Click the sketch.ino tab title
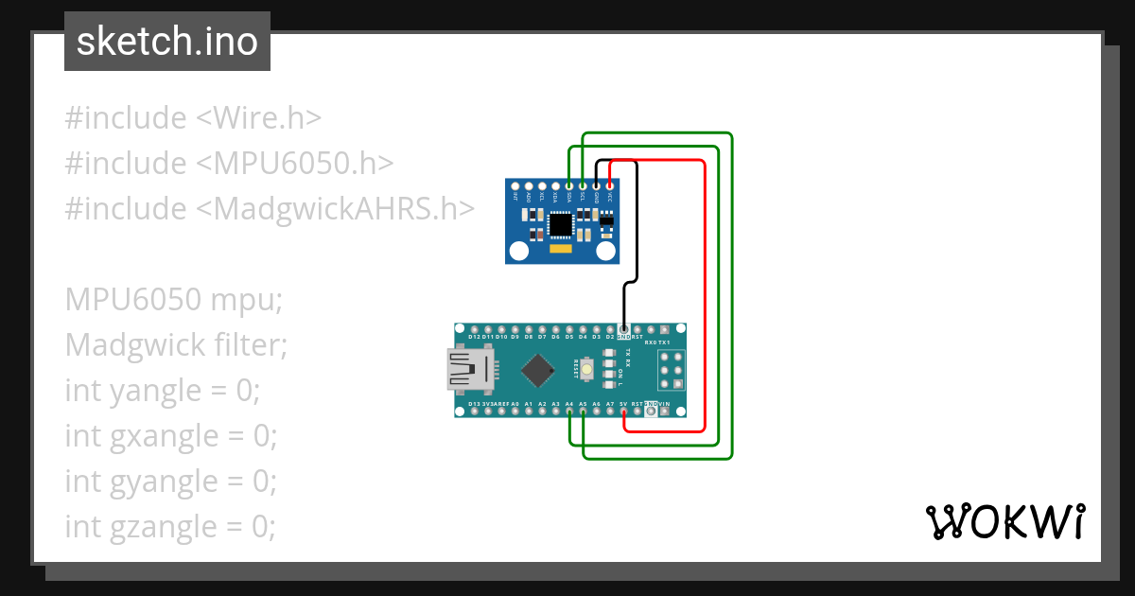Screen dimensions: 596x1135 point(167,42)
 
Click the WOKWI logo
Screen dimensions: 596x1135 point(1004,521)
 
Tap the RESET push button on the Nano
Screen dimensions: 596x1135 point(587,369)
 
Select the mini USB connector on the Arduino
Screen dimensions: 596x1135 point(470,370)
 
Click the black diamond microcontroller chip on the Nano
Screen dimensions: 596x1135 point(537,370)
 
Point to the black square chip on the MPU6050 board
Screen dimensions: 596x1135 point(561,224)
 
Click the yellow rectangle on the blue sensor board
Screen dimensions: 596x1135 point(561,251)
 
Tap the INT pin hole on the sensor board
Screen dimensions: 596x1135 point(515,186)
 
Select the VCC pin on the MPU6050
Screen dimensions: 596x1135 point(610,186)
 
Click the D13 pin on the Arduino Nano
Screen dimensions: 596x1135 point(474,412)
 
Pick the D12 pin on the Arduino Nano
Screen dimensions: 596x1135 point(474,328)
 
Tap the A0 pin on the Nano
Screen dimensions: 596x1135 point(515,412)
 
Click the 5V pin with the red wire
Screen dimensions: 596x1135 point(624,412)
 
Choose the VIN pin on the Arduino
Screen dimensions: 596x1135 point(665,412)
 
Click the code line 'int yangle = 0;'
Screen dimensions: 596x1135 point(162,390)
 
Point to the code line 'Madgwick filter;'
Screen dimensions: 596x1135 point(176,344)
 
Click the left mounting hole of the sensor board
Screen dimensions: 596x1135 point(518,251)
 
